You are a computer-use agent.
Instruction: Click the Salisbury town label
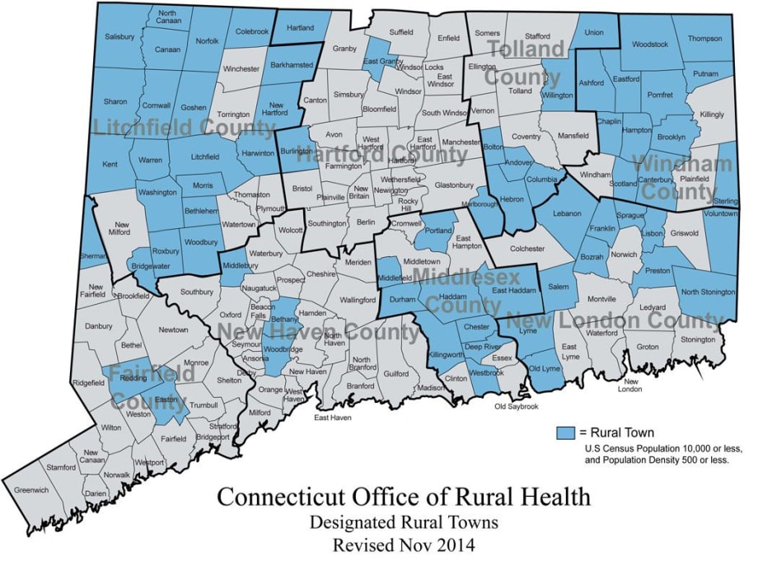[x=119, y=37]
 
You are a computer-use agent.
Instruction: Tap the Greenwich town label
[x=31, y=490]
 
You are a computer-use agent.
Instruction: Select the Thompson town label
[x=704, y=38]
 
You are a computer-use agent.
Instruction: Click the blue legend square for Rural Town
[x=564, y=432]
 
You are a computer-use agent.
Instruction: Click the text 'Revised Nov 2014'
[x=404, y=545]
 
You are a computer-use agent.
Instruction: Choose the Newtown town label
[x=173, y=330]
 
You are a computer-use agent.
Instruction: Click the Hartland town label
[x=300, y=28]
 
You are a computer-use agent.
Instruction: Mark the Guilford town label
[x=395, y=373]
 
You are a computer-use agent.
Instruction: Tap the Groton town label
[x=648, y=347]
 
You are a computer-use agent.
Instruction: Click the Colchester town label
[x=527, y=248]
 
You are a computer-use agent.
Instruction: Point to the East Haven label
[x=333, y=418]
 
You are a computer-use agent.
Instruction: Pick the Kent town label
[x=110, y=166]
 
